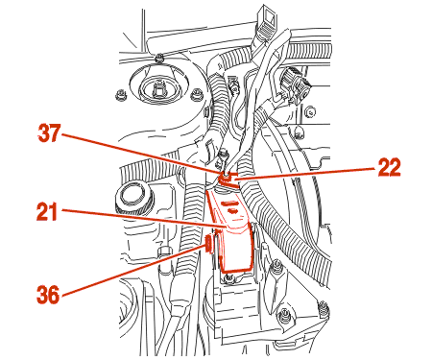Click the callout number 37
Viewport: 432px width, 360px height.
tap(49, 133)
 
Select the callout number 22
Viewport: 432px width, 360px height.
tap(389, 167)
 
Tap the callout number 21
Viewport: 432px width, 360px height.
tap(47, 211)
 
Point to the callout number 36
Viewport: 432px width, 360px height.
tap(48, 295)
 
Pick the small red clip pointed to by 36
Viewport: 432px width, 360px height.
tap(209, 243)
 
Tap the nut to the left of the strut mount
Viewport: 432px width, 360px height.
tap(120, 95)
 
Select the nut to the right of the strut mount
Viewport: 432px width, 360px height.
tap(196, 95)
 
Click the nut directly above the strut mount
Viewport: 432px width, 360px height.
tap(158, 59)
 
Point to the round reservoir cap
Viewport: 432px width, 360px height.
tap(132, 196)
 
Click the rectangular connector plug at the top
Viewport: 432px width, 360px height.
tap(266, 21)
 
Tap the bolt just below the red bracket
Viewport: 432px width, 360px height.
tap(228, 278)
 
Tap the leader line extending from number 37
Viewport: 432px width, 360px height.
tap(141, 154)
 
